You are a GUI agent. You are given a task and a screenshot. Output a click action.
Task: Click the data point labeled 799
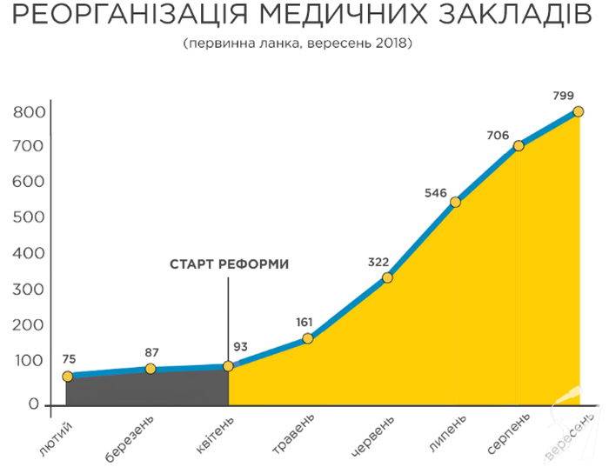pos(578,112)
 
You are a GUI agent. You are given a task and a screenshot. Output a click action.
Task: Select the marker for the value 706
pos(519,145)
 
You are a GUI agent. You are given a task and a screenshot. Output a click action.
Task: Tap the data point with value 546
pos(455,202)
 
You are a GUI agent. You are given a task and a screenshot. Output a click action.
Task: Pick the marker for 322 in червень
pos(387,277)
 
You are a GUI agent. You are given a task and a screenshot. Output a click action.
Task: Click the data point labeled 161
pos(307,337)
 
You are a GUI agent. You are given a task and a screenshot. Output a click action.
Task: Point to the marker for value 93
pos(228,366)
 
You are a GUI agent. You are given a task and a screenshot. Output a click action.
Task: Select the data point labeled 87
pos(151,369)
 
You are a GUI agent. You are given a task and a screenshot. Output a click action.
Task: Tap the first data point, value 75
pos(68,377)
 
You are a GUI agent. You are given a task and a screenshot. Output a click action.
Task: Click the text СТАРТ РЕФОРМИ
pos(228,264)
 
